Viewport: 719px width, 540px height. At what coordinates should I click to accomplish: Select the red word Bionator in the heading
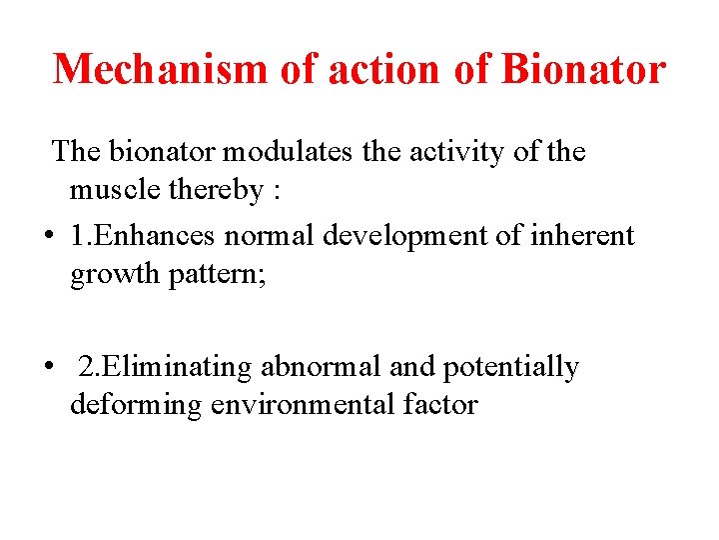(583, 69)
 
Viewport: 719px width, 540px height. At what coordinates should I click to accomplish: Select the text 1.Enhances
(144, 236)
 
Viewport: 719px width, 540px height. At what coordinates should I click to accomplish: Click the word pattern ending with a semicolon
(217, 274)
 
